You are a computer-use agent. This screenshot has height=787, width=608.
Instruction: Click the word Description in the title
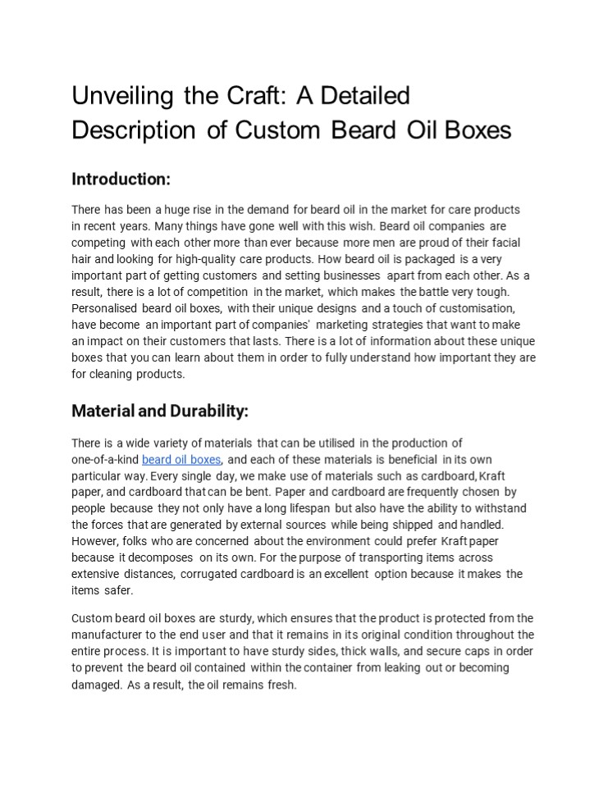(x=134, y=130)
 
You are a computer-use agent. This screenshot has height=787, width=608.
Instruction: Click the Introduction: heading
(x=121, y=179)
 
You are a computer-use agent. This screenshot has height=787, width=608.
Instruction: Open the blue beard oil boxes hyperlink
(x=181, y=459)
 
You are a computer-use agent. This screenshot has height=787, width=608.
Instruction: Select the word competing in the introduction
(x=98, y=243)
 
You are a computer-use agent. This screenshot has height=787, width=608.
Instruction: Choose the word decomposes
(x=155, y=557)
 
